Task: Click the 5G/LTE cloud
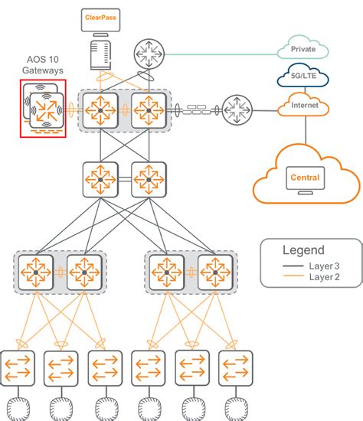303,77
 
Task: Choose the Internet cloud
303,106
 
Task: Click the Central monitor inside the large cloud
305,178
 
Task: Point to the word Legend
302,250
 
